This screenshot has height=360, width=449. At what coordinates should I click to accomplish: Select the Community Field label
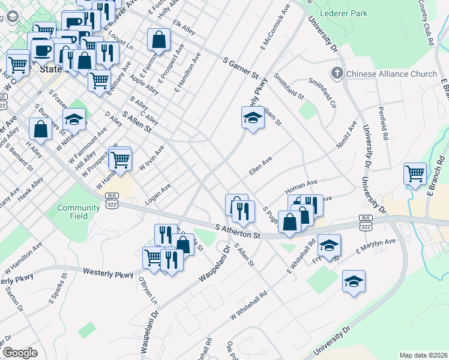point(79,212)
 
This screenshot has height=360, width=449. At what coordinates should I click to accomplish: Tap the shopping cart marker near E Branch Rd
point(415,173)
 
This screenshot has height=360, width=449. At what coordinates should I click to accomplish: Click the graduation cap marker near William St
point(253,118)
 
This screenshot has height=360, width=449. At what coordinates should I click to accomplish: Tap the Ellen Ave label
point(261,167)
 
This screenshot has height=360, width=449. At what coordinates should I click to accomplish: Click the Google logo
point(20,353)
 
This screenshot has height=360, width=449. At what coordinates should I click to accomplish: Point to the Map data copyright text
point(423,355)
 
